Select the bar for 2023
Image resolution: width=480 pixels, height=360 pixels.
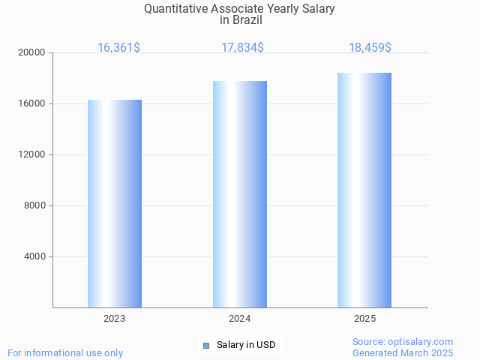pyautogui.click(x=115, y=203)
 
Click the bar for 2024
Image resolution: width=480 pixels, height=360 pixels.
pyautogui.click(x=240, y=194)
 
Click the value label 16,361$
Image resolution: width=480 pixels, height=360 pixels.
pyautogui.click(x=118, y=48)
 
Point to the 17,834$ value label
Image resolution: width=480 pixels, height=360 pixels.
pyautogui.click(x=242, y=48)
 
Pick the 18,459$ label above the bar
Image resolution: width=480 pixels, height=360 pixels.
pyautogui.click(x=370, y=48)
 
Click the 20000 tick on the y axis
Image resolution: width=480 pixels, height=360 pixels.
pyautogui.click(x=32, y=53)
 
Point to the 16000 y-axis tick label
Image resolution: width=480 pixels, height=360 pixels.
pyautogui.click(x=32, y=104)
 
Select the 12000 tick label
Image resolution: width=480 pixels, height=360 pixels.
pyautogui.click(x=32, y=155)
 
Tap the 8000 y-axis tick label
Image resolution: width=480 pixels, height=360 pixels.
pyautogui.click(x=34, y=206)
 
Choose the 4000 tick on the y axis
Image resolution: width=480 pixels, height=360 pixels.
pyautogui.click(x=34, y=257)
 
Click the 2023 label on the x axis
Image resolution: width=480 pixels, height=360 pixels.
pyautogui.click(x=115, y=319)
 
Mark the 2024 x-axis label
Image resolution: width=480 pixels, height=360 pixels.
pyautogui.click(x=240, y=319)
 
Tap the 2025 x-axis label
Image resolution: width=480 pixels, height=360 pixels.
pyautogui.click(x=365, y=319)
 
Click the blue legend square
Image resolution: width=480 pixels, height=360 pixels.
pyautogui.click(x=206, y=346)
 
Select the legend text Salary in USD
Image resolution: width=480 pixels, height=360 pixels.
pyautogui.click(x=246, y=345)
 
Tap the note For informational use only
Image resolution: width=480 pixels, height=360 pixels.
pyautogui.click(x=65, y=353)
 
